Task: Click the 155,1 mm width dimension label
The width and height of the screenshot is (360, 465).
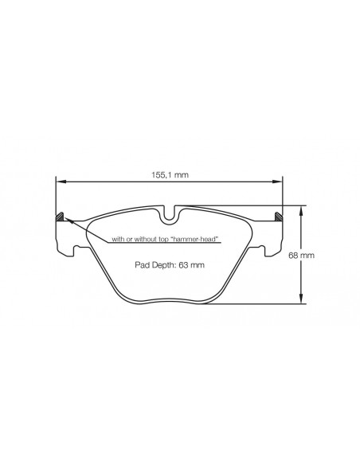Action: click(x=170, y=175)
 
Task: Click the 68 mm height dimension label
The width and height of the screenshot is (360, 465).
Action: click(x=301, y=255)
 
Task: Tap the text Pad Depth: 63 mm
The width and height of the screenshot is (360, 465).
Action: click(x=170, y=265)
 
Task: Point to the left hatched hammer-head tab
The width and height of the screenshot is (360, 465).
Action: click(x=61, y=217)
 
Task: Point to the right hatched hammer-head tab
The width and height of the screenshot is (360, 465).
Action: click(x=279, y=217)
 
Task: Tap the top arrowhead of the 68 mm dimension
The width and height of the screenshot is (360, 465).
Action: click(x=301, y=209)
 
